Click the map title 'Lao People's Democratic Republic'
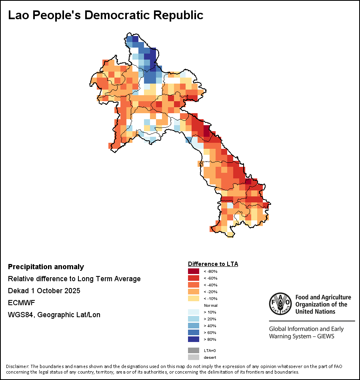pos(106,15)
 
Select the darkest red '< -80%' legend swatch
pos(194,272)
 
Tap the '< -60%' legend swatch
pos(194,278)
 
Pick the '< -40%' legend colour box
pos(194,285)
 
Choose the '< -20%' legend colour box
pos(194,292)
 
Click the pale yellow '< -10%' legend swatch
pos(194,298)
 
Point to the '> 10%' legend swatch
pos(194,312)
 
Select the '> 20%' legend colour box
pos(194,319)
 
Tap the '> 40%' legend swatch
pos(194,326)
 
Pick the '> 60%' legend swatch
pos(194,333)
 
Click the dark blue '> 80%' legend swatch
pos(194,339)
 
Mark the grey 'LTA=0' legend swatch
pos(194,350)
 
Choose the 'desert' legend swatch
pos(194,357)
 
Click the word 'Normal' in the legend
pos(210,305)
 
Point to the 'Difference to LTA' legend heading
pos(213,264)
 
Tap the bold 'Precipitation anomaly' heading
pos(46,267)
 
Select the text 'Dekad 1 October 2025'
pos(44,291)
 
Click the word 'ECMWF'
pos(22,303)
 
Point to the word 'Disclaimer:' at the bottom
pos(18,366)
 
